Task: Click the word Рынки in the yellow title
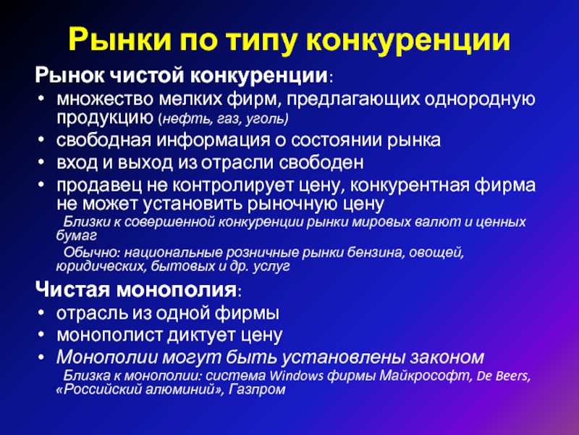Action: pyautogui.click(x=119, y=40)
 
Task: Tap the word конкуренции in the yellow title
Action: pyautogui.click(x=408, y=41)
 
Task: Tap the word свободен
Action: pyautogui.click(x=321, y=162)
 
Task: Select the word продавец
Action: pyautogui.click(x=99, y=186)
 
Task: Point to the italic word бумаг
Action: pyautogui.click(x=77, y=236)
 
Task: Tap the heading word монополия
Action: pyautogui.click(x=176, y=289)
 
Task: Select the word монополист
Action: pyautogui.click(x=110, y=336)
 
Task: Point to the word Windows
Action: pyautogui.click(x=296, y=376)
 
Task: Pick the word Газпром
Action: pyautogui.click(x=257, y=389)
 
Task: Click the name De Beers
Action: pyautogui.click(x=504, y=376)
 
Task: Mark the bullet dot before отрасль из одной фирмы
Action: pyautogui.click(x=41, y=313)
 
